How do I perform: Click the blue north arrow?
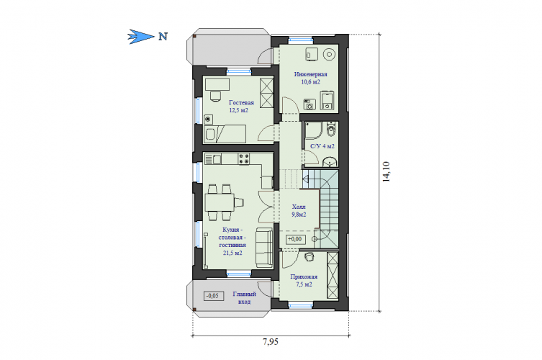click(140, 36)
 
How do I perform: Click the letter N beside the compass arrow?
click(163, 36)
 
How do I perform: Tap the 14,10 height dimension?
click(386, 171)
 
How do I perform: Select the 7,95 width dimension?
click(271, 342)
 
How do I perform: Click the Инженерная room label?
click(310, 74)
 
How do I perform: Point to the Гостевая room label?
click(241, 102)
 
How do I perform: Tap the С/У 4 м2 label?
click(322, 146)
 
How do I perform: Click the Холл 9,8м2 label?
click(299, 211)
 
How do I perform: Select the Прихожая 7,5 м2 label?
click(304, 281)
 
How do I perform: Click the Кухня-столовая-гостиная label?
click(232, 241)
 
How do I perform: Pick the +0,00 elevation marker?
click(295, 239)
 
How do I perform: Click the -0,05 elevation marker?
click(213, 296)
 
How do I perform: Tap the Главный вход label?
click(244, 298)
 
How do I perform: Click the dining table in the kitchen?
click(220, 202)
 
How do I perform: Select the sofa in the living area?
click(264, 248)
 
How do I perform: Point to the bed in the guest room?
click(225, 134)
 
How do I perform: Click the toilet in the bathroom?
click(331, 130)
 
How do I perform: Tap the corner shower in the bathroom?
click(314, 130)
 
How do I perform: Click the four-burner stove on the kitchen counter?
click(244, 159)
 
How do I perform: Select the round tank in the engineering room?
click(329, 54)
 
